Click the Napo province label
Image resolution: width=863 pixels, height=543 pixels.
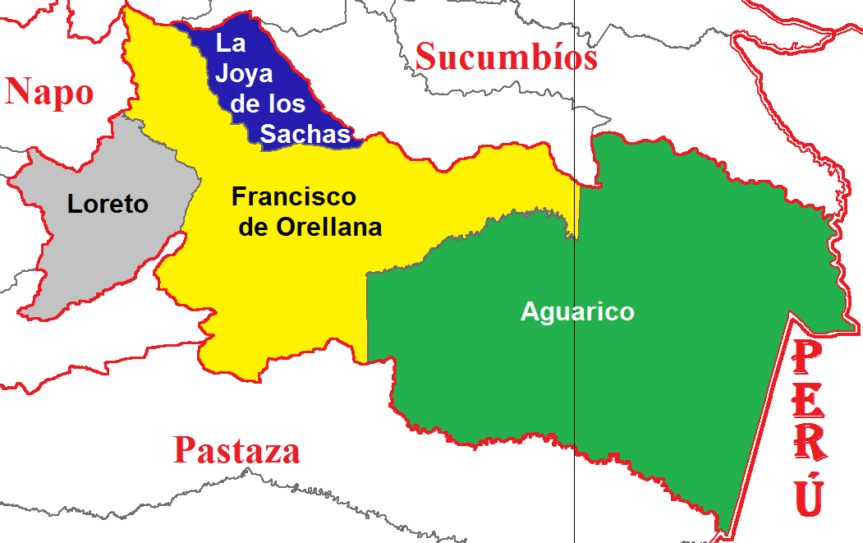(49, 91)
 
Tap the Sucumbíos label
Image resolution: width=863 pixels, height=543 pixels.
(506, 58)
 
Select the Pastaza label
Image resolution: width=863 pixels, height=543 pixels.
(236, 451)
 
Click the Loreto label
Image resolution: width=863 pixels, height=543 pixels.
(108, 203)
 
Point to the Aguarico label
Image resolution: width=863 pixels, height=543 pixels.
(577, 312)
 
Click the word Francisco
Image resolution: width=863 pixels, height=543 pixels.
(293, 197)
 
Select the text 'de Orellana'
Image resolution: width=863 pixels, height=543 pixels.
(310, 226)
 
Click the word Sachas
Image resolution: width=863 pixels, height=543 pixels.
(305, 134)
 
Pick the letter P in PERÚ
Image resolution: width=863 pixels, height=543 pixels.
(808, 360)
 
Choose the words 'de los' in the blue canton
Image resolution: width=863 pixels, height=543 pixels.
(268, 104)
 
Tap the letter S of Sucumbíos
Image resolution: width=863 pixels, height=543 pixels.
(429, 58)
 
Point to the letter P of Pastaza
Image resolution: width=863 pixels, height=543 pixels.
(186, 451)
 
